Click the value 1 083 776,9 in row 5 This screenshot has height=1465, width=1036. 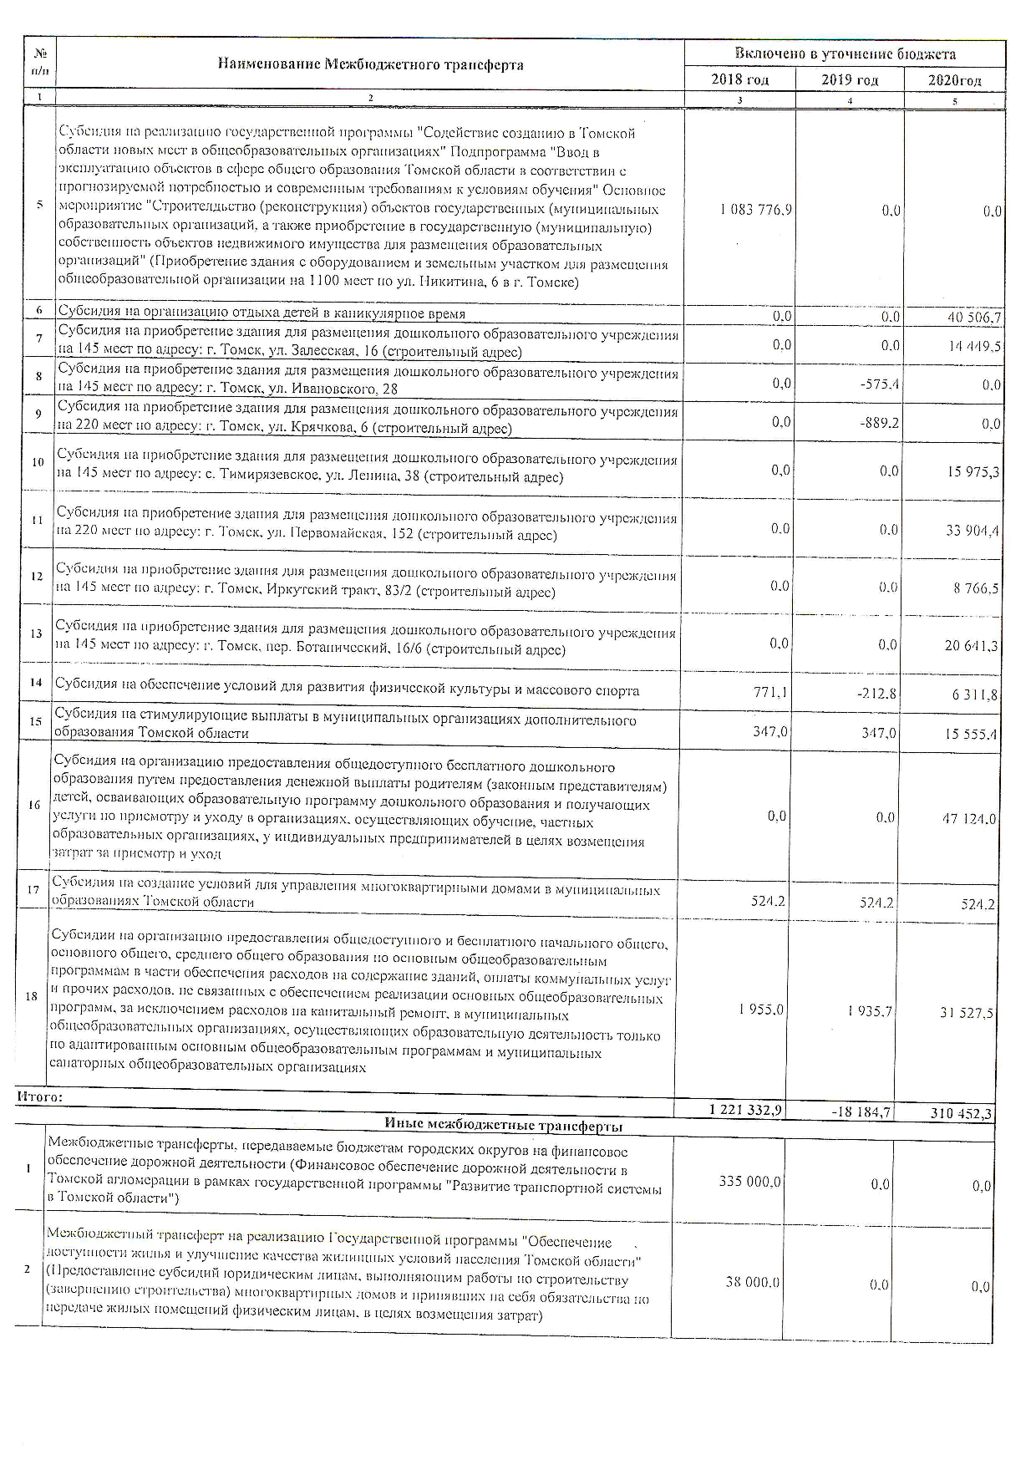click(x=755, y=211)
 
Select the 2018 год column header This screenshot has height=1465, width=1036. click(x=739, y=80)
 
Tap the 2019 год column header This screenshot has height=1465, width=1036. click(x=850, y=80)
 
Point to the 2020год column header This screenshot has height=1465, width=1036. click(x=954, y=81)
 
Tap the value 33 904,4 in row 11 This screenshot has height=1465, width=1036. click(x=973, y=530)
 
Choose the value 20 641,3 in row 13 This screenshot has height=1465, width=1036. click(x=973, y=646)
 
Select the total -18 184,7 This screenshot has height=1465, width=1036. click(x=861, y=1112)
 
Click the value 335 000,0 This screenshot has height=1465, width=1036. click(x=749, y=1182)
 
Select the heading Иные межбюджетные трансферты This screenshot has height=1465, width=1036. click(x=503, y=1126)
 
